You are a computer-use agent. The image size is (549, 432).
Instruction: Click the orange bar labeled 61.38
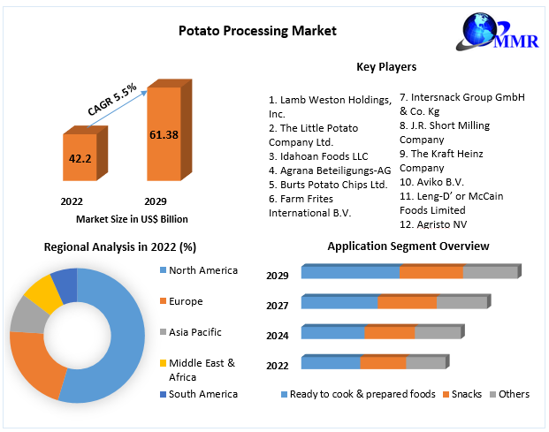(163, 134)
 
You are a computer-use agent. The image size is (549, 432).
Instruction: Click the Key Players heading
(386, 66)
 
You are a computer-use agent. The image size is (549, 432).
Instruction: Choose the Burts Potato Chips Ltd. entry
(328, 185)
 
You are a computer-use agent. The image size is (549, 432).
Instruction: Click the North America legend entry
(202, 270)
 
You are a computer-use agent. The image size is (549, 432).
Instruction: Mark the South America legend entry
(202, 394)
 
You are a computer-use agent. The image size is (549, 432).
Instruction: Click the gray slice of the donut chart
(27, 315)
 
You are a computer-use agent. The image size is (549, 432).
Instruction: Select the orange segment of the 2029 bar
(431, 272)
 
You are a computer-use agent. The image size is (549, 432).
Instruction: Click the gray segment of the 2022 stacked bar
(425, 363)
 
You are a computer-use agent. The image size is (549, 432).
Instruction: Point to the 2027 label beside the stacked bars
(278, 305)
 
